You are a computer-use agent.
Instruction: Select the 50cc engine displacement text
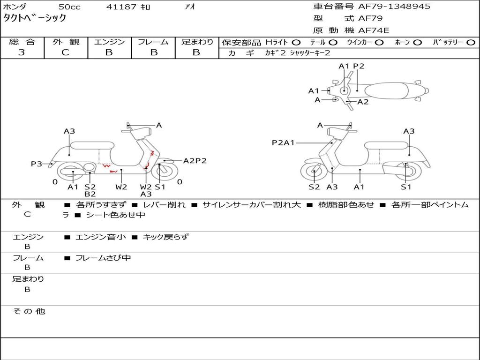pyautogui.click(x=69, y=7)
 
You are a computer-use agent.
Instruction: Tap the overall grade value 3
pyautogui.click(x=22, y=52)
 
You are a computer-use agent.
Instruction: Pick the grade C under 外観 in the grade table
pyautogui.click(x=65, y=52)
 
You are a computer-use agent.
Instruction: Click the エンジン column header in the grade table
pyautogui.click(x=110, y=42)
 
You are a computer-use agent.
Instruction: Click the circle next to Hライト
pyautogui.click(x=296, y=43)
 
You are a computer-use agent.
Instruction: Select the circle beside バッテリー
pyautogui.click(x=471, y=43)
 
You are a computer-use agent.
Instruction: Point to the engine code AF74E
pyautogui.click(x=374, y=31)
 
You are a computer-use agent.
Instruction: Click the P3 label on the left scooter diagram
pyautogui.click(x=36, y=164)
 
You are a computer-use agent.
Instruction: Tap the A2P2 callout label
pyautogui.click(x=195, y=161)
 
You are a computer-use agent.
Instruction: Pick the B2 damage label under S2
pyautogui.click(x=90, y=194)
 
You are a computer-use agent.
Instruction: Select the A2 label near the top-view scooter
pyautogui.click(x=363, y=102)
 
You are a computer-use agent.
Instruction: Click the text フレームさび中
pyautogui.click(x=103, y=258)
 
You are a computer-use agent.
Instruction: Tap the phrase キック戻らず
pyautogui.click(x=165, y=237)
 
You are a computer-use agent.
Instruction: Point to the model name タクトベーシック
pyautogui.click(x=35, y=18)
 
